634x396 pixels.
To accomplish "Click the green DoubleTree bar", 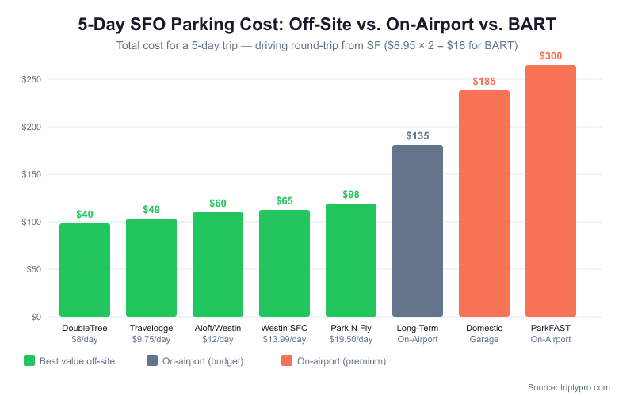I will point(85,270).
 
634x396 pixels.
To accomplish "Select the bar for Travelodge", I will point(151,268).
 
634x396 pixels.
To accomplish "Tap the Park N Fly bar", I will point(351,261).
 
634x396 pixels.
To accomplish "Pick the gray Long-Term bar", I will point(418,230).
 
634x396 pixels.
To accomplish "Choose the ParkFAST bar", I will point(551,191).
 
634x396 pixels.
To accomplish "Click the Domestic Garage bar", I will point(484,204).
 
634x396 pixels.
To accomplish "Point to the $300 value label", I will point(551,56).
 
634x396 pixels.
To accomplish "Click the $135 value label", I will point(418,136).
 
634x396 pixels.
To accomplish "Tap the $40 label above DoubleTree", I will point(85,215).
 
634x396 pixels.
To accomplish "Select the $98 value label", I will point(351,195).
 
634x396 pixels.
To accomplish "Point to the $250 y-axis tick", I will point(32,79).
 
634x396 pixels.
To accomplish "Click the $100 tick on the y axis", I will point(32,222).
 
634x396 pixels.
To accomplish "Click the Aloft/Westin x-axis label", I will point(218,328).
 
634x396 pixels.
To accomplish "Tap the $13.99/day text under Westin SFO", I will point(285,339).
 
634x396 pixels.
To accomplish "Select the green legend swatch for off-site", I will point(29,361).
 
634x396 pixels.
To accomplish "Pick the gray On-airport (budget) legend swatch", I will point(152,361).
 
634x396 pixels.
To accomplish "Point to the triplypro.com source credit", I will point(569,387).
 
